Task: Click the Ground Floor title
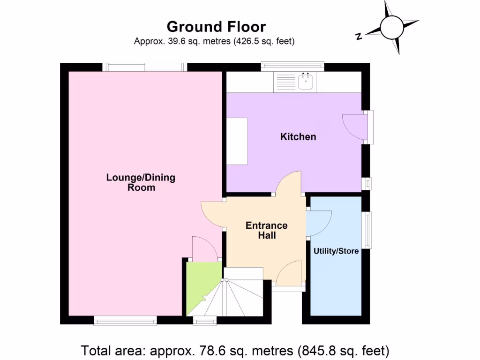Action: point(216,26)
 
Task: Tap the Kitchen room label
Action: point(298,137)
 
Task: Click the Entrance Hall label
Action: point(266,230)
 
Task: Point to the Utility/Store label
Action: point(336,251)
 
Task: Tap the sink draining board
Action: point(285,82)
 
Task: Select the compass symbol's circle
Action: point(392,27)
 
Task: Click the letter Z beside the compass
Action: point(359,37)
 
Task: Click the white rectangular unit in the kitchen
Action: point(237,141)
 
